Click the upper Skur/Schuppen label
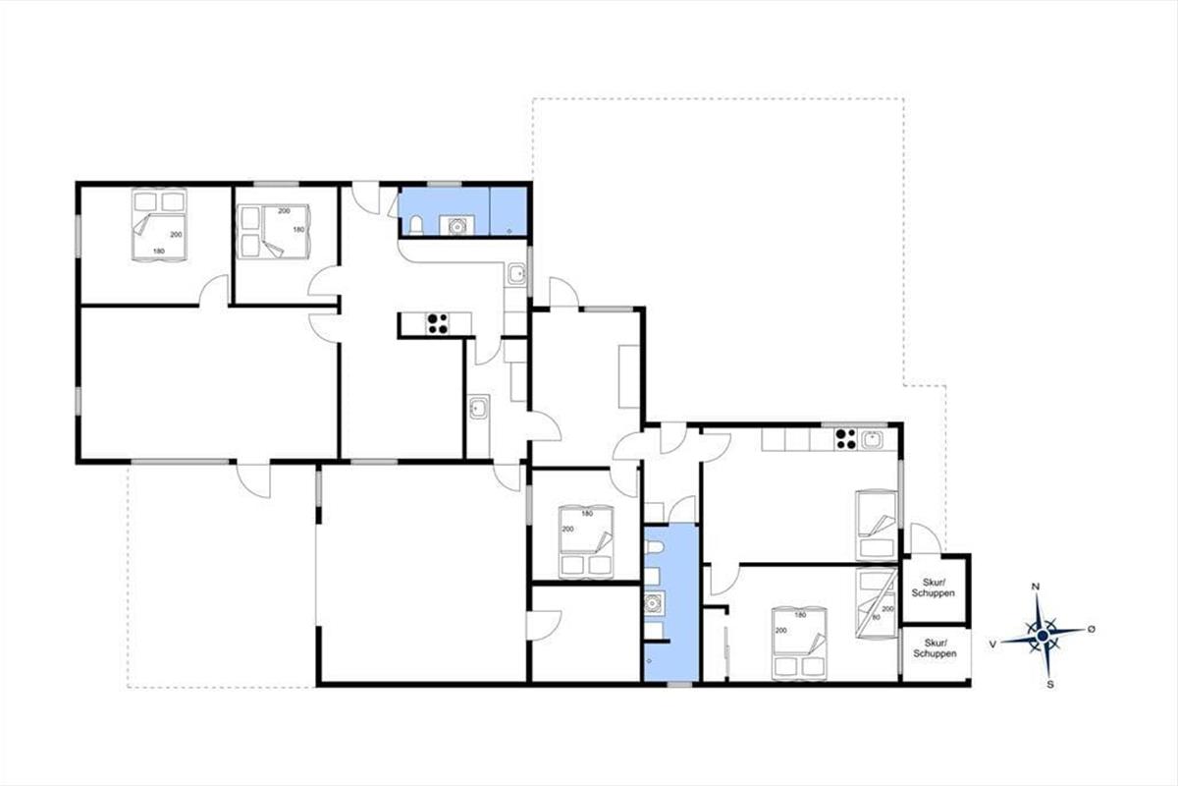(x=933, y=588)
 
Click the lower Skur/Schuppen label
(x=935, y=648)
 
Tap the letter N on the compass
(x=1036, y=587)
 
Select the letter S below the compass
(x=1050, y=685)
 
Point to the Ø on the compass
(x=1092, y=629)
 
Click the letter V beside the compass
(x=992, y=644)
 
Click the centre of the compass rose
(x=1043, y=637)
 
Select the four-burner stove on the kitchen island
(x=437, y=323)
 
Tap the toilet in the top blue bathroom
(x=416, y=225)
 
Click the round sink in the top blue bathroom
(x=457, y=226)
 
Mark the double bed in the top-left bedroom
(x=159, y=224)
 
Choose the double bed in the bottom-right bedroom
(x=799, y=643)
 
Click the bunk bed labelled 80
(x=876, y=603)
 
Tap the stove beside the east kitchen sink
(x=845, y=439)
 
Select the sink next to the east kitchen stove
(x=872, y=439)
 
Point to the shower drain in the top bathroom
(x=509, y=231)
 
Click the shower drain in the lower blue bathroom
(x=649, y=660)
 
